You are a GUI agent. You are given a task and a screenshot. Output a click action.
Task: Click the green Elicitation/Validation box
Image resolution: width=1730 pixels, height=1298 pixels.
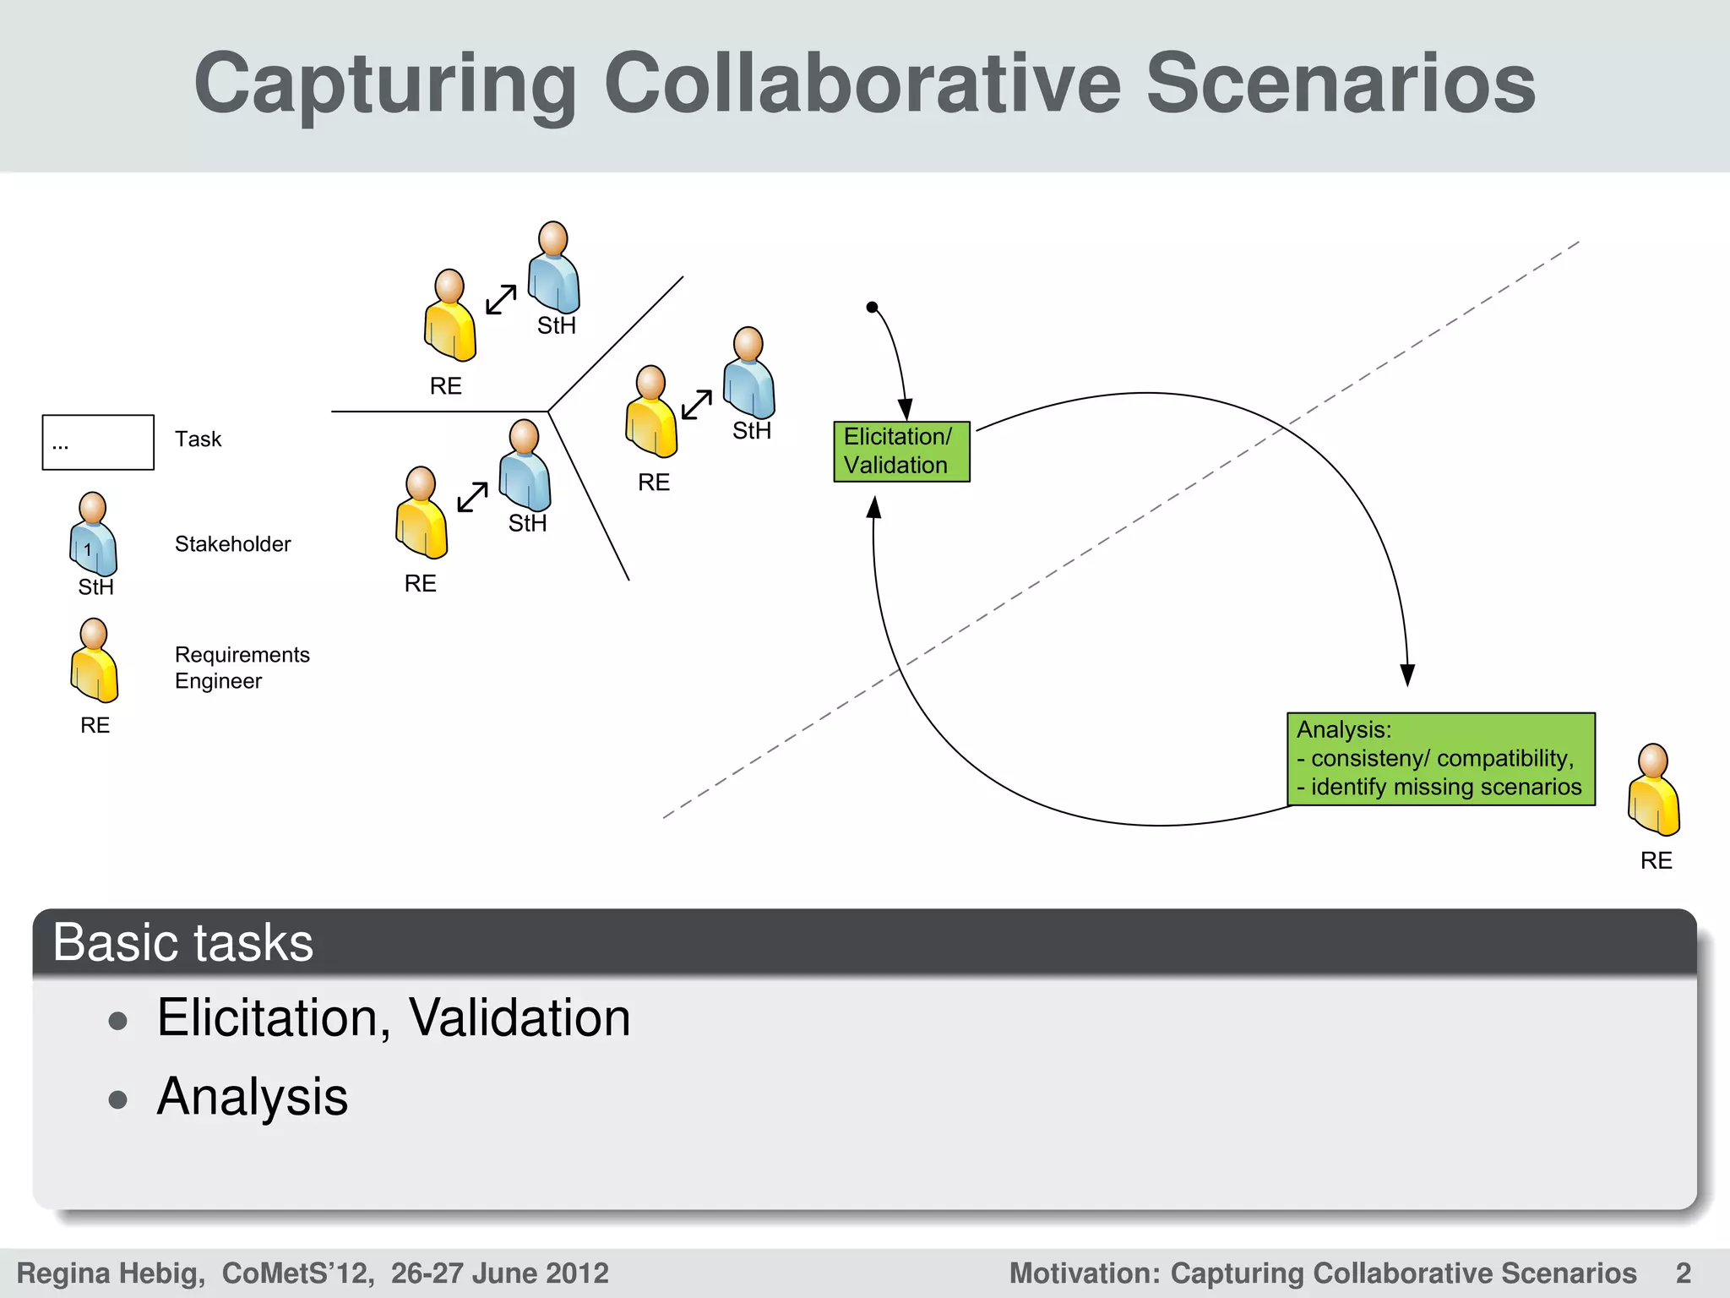coord(901,451)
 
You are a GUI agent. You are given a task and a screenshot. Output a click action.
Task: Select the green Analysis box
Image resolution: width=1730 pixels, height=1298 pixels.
coord(1440,759)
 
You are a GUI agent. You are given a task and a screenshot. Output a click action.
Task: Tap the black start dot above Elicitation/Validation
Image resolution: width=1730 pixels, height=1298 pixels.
coord(872,308)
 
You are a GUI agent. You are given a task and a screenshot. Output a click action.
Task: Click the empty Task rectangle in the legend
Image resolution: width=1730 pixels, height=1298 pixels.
coord(98,442)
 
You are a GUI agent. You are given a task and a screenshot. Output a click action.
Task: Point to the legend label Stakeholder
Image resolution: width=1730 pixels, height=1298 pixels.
coord(232,544)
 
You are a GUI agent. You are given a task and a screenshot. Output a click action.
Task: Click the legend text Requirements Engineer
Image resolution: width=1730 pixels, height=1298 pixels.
coord(242,668)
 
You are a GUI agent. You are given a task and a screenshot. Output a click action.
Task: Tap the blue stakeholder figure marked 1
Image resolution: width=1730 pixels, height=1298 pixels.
coord(93,536)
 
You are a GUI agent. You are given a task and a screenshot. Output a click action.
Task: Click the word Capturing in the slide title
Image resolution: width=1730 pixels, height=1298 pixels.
coord(385,85)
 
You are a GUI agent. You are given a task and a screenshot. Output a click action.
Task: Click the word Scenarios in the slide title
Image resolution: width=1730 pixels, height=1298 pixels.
coord(1340,85)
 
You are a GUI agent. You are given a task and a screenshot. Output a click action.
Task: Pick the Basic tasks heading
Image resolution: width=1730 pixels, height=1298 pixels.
coord(183,942)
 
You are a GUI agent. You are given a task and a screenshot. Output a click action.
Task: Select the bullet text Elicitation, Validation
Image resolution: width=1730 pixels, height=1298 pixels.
coord(394,1017)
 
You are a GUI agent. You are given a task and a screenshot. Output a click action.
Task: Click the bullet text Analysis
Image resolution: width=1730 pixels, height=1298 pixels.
coord(253,1097)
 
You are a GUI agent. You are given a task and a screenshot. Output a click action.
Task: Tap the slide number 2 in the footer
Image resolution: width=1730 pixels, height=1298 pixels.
coord(1683,1273)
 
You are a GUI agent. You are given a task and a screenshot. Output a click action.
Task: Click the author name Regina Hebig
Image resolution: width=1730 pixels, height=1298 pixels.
coord(110,1273)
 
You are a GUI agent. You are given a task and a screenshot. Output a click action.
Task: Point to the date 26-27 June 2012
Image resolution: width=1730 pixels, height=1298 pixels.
coord(499,1273)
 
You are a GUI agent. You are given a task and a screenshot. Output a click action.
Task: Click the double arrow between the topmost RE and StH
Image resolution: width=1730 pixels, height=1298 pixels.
coord(501,299)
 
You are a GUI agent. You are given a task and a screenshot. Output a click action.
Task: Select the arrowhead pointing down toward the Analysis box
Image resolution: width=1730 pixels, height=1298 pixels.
coord(1407,674)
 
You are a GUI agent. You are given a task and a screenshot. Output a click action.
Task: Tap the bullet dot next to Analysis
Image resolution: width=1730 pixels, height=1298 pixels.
coord(118,1100)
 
